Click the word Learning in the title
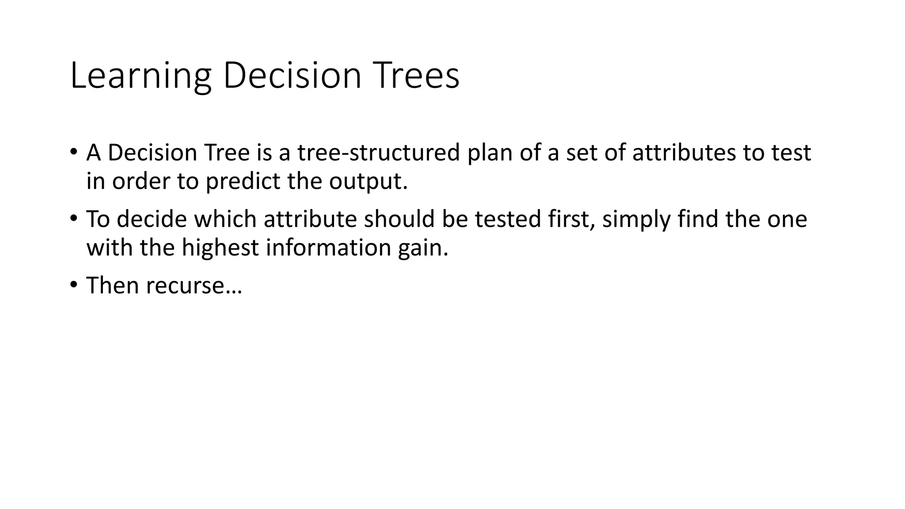141,76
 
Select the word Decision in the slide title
292,76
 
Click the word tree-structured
379,152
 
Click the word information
328,247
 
